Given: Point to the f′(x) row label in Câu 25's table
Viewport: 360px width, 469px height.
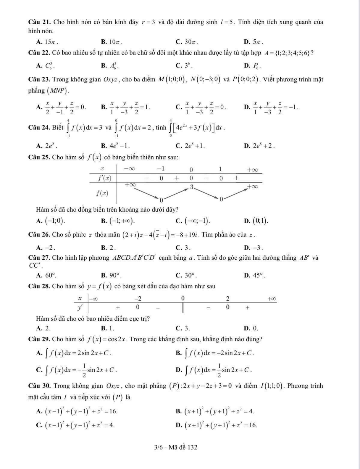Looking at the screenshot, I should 105,178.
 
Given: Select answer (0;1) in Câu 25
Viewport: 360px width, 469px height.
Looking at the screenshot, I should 260,221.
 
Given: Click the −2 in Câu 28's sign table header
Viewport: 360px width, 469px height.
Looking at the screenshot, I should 138,298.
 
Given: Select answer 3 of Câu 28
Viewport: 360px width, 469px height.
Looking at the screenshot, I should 187,328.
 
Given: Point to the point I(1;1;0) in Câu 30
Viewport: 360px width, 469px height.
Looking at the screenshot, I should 272,386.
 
